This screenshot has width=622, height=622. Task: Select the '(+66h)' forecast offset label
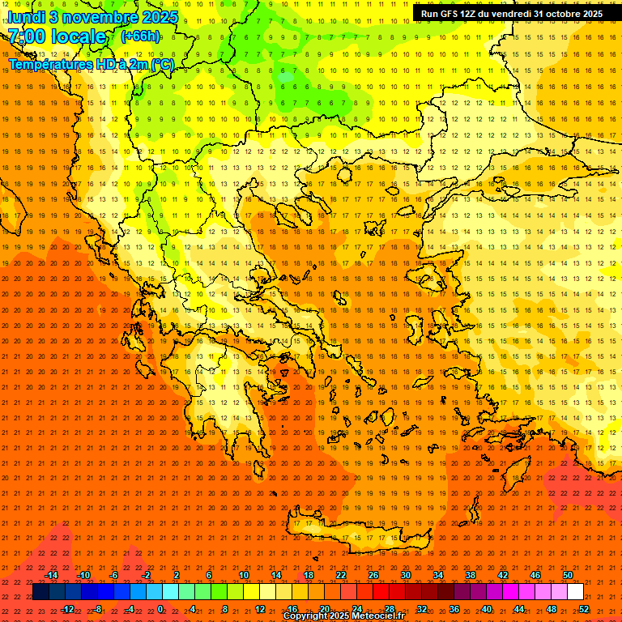[x=140, y=36]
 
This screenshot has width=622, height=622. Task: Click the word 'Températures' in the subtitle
[x=47, y=64]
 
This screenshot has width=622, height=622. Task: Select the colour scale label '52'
[x=584, y=608]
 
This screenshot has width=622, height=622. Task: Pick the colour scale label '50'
[x=568, y=575]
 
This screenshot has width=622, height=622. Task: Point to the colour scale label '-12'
[x=68, y=608]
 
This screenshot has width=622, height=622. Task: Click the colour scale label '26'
[x=373, y=575]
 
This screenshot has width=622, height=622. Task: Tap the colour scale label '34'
[x=438, y=575]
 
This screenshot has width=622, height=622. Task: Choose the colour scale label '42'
[x=503, y=575]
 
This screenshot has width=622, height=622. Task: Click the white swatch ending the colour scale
[x=576, y=592]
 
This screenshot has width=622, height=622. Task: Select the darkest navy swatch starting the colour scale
[x=40, y=592]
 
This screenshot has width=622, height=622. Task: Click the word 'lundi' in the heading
[x=27, y=16]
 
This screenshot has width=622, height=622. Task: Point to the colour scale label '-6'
[x=113, y=575]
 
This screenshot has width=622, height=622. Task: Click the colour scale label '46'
[x=535, y=575]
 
